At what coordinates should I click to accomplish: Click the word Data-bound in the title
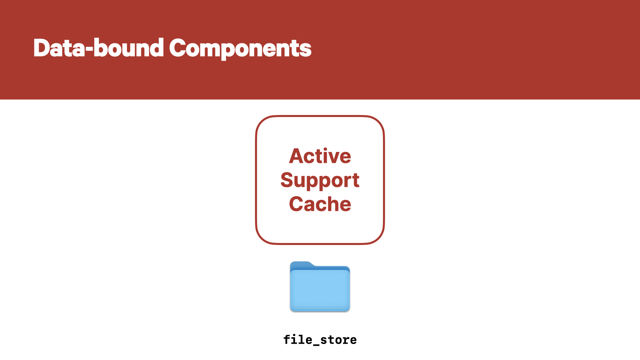click(x=99, y=48)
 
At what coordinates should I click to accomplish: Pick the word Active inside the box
click(x=320, y=156)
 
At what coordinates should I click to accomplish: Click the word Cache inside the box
click(x=320, y=204)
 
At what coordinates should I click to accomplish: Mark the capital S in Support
click(x=287, y=180)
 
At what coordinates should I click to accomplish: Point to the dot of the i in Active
click(x=325, y=149)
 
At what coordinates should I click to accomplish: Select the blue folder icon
click(x=320, y=287)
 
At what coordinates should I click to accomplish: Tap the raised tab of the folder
click(x=302, y=265)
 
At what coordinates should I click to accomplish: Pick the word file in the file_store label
click(x=298, y=339)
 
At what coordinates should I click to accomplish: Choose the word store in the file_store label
click(x=338, y=340)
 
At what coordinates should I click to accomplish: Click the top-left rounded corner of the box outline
click(x=262, y=122)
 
